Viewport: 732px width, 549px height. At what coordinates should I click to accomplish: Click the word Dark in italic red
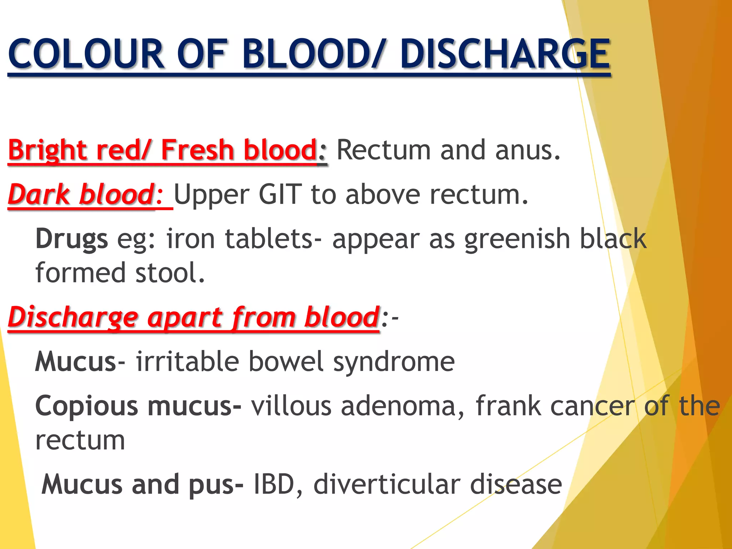[39, 195]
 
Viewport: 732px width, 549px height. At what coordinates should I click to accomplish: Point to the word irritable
[187, 362]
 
